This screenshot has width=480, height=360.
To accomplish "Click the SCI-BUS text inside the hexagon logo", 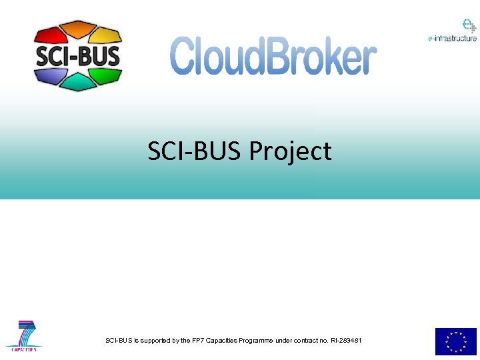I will [x=78, y=55].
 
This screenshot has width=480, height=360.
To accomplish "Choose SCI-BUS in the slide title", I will [x=195, y=151].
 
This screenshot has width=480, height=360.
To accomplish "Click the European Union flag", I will [x=456, y=341].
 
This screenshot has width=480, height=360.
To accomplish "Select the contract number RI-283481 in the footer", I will [x=345, y=341].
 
